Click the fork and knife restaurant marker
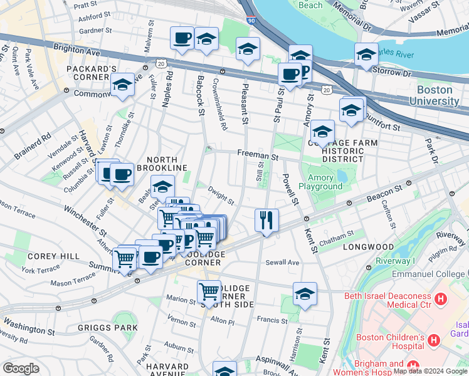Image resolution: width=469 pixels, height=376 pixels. coord(266,220)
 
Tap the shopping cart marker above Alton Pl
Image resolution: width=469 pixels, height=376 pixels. coord(209,291)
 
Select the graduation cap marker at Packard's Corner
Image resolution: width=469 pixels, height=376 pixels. coord(122,85)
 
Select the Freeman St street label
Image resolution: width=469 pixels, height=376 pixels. coord(257,153)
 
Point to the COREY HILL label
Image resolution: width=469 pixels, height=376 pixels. coord(53,256)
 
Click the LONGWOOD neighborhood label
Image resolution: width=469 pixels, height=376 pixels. coord(368,248)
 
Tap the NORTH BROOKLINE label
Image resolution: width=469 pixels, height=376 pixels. coord(167,164)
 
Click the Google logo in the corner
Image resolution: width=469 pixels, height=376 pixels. coord(21,368)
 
